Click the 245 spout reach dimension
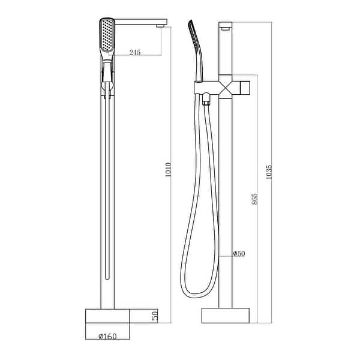134,53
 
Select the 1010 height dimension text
169,174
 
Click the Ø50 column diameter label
239,254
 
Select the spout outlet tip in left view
160,25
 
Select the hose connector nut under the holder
208,103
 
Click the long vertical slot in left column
107,192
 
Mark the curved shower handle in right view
200,60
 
